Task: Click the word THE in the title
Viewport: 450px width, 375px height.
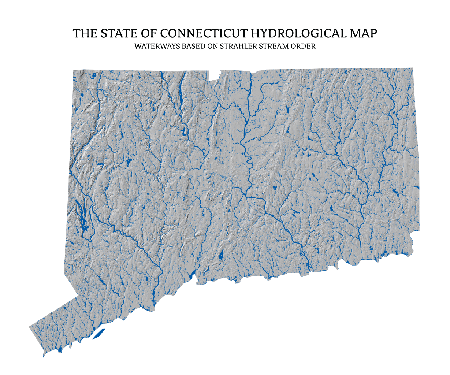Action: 85,33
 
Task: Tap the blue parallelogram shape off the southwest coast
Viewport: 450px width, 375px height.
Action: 98,334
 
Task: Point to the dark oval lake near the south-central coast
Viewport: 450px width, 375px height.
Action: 221,256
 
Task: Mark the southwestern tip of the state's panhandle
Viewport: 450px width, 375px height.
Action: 44,356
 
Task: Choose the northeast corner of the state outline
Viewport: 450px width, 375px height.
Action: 413,68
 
